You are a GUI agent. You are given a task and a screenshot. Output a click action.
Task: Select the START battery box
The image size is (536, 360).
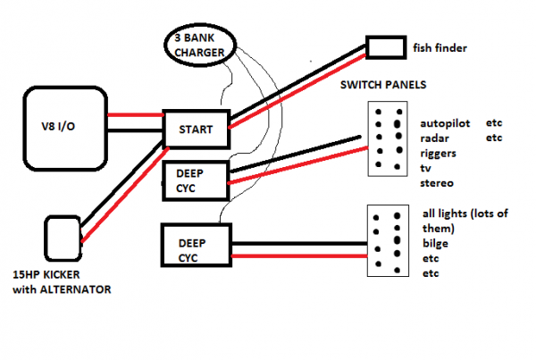pos(195,129)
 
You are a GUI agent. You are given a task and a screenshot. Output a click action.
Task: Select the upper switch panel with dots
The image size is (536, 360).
pos(389,141)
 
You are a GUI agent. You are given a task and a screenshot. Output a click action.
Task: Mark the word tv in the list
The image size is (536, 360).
pos(425,168)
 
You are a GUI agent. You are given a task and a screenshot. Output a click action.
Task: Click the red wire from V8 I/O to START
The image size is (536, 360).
pos(134,115)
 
